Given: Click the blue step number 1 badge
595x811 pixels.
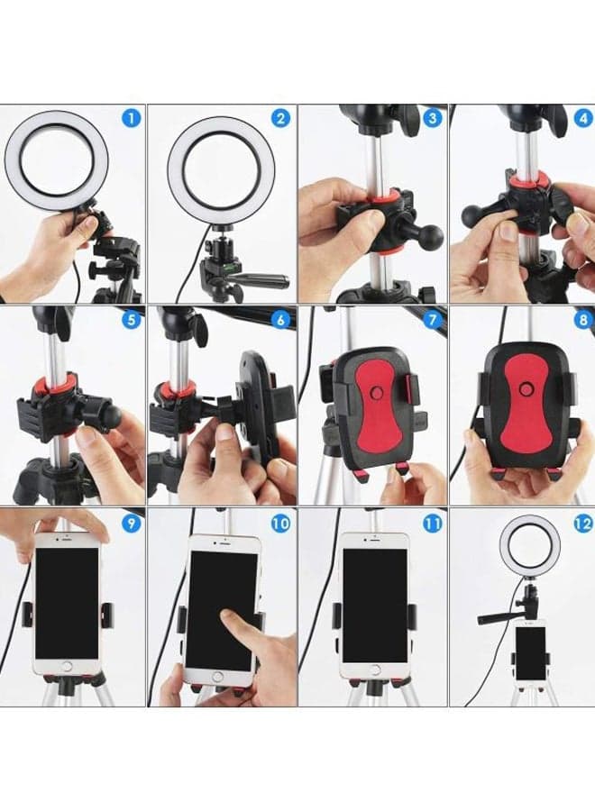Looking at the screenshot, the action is (x=132, y=118).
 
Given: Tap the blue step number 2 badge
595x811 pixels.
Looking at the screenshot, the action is (x=280, y=118).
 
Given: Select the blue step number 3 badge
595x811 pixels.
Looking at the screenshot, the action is (x=433, y=118).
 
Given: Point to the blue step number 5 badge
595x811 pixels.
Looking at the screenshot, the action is (x=132, y=319).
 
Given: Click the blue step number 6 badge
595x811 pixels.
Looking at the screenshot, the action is (x=280, y=319).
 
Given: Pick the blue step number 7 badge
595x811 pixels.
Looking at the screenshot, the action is (x=433, y=319).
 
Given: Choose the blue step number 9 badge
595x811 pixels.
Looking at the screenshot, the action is (x=132, y=523).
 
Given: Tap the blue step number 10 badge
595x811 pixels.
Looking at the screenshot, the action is (x=280, y=523).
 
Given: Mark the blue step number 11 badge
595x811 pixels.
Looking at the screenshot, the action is (x=433, y=523).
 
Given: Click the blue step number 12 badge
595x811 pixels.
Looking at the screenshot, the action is (x=583, y=523).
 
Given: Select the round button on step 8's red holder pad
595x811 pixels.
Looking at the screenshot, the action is (x=526, y=388).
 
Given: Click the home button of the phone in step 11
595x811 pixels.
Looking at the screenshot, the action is (x=374, y=670).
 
